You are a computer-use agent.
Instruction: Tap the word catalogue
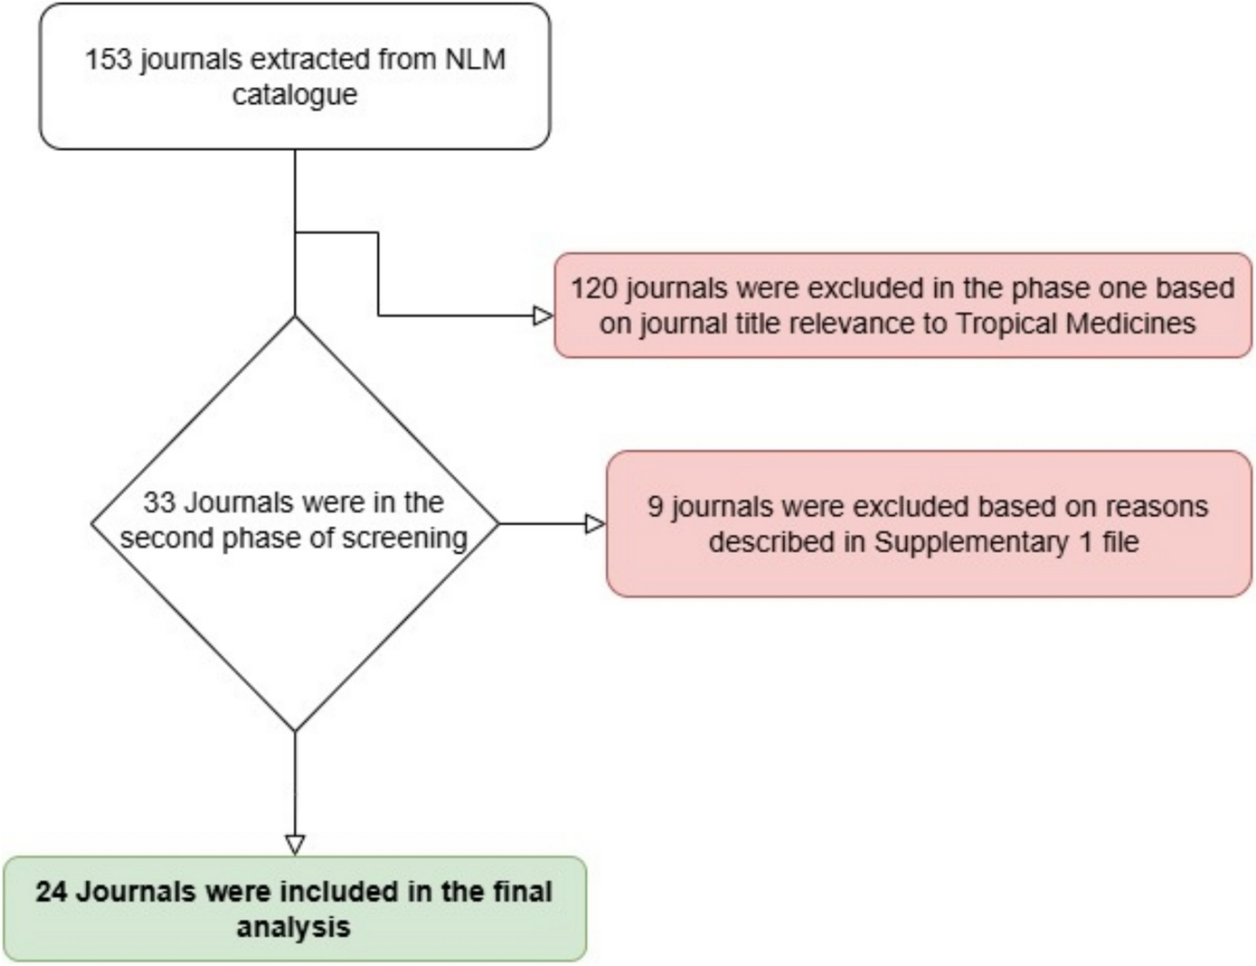pos(295,95)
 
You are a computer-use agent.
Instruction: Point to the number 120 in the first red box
pos(594,288)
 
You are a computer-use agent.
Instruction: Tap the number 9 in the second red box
pos(656,507)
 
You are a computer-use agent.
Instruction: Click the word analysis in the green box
pos(293,927)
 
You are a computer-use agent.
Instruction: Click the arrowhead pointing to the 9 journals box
pos(596,524)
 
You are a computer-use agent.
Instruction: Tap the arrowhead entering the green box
pos(295,845)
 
